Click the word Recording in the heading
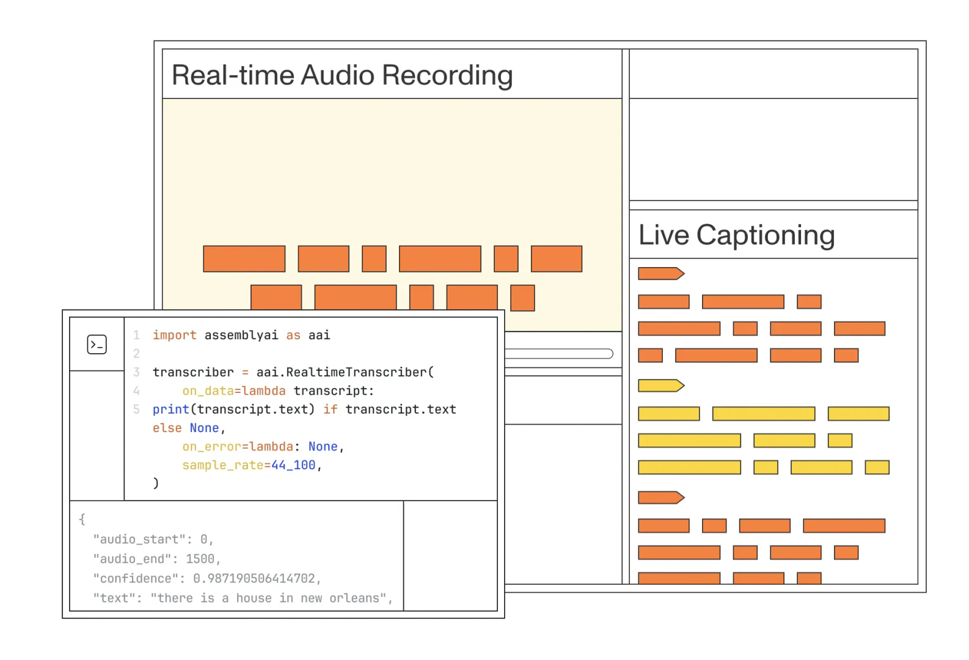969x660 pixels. (x=447, y=76)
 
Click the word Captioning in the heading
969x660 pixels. (x=765, y=235)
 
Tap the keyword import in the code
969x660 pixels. (x=174, y=335)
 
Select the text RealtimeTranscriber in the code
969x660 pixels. (x=356, y=372)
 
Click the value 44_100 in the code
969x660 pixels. (x=293, y=465)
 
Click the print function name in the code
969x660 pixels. (x=170, y=409)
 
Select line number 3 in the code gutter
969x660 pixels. (x=136, y=372)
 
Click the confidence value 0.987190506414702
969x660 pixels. (x=254, y=579)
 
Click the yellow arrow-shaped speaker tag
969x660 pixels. (x=660, y=386)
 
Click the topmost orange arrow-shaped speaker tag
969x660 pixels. (x=660, y=273)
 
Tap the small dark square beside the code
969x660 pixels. (x=95, y=345)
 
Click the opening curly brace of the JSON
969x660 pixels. (x=82, y=519)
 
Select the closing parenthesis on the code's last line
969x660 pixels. (x=156, y=483)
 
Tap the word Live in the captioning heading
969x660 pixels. (x=664, y=235)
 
